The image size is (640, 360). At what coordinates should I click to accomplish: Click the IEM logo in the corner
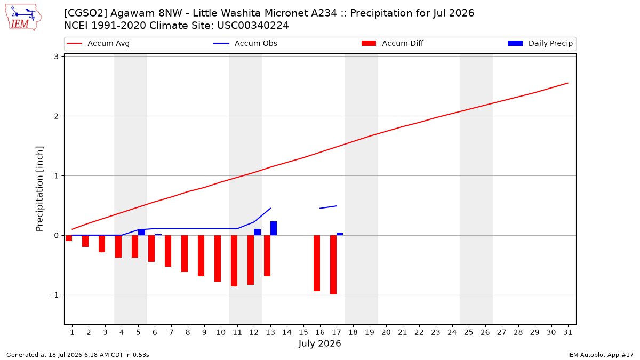coord(23,18)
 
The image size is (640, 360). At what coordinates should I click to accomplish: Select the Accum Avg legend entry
coord(98,43)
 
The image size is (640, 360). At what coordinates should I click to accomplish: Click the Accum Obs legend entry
coord(245,43)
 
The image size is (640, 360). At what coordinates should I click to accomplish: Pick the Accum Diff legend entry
coord(393,43)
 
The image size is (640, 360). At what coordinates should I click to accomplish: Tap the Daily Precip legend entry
coord(540,43)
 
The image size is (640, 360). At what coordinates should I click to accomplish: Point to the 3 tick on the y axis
coord(56,57)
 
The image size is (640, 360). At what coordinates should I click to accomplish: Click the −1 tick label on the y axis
coord(53,295)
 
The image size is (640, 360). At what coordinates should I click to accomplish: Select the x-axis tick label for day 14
coord(287,332)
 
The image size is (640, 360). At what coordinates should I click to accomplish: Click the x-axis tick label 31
coord(567,332)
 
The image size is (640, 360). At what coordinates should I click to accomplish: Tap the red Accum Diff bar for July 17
coord(333,265)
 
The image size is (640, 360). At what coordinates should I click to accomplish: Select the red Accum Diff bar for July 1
coord(69,238)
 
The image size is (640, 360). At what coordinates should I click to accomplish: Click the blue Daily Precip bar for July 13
coord(274,228)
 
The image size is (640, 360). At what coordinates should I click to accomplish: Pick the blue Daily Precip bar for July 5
coord(141,233)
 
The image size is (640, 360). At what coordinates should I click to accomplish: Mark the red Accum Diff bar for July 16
coord(317,263)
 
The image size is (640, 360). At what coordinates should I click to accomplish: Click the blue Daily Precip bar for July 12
coord(257,232)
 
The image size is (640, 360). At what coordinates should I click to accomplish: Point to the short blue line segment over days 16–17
coord(329,207)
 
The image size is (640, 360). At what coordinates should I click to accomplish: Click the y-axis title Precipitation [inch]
coord(39,189)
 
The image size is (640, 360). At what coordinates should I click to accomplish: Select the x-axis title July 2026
coord(319,343)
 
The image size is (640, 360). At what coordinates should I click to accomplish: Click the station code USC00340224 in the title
coord(253,26)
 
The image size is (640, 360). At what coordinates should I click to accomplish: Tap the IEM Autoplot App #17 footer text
coord(601,355)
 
